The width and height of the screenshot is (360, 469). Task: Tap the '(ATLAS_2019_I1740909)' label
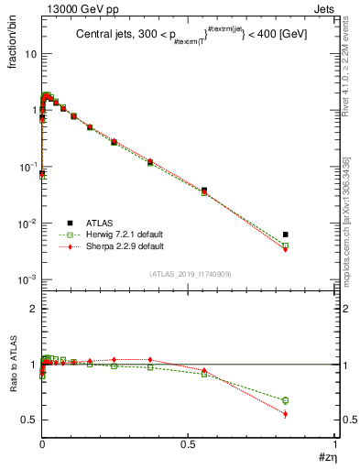pyautogui.click(x=188, y=273)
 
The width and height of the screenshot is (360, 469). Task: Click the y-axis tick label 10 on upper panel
pyautogui.click(x=29, y=54)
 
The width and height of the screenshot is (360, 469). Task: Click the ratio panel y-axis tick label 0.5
pyautogui.click(x=28, y=420)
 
